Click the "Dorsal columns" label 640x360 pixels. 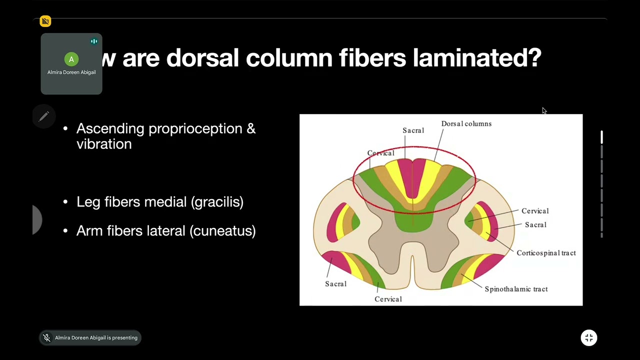point(466,123)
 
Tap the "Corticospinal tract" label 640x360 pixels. point(546,253)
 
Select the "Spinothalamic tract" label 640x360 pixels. point(516,289)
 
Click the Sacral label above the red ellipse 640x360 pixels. point(413,130)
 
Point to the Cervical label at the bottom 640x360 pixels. point(388,299)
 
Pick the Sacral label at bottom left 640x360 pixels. point(335,284)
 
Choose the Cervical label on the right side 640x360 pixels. point(535,211)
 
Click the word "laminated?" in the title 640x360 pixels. point(477,58)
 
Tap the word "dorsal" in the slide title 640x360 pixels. point(205,58)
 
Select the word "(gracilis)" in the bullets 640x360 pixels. point(217,202)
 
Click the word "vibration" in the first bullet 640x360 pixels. point(104,144)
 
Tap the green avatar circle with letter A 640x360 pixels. point(71,59)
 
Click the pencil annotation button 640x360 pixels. point(43,116)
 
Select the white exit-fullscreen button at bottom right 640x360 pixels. point(589,338)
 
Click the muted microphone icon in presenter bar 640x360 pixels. point(46,338)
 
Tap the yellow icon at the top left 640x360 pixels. point(45,21)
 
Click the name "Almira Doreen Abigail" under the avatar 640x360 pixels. point(71,72)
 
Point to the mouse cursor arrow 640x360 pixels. point(544,110)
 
